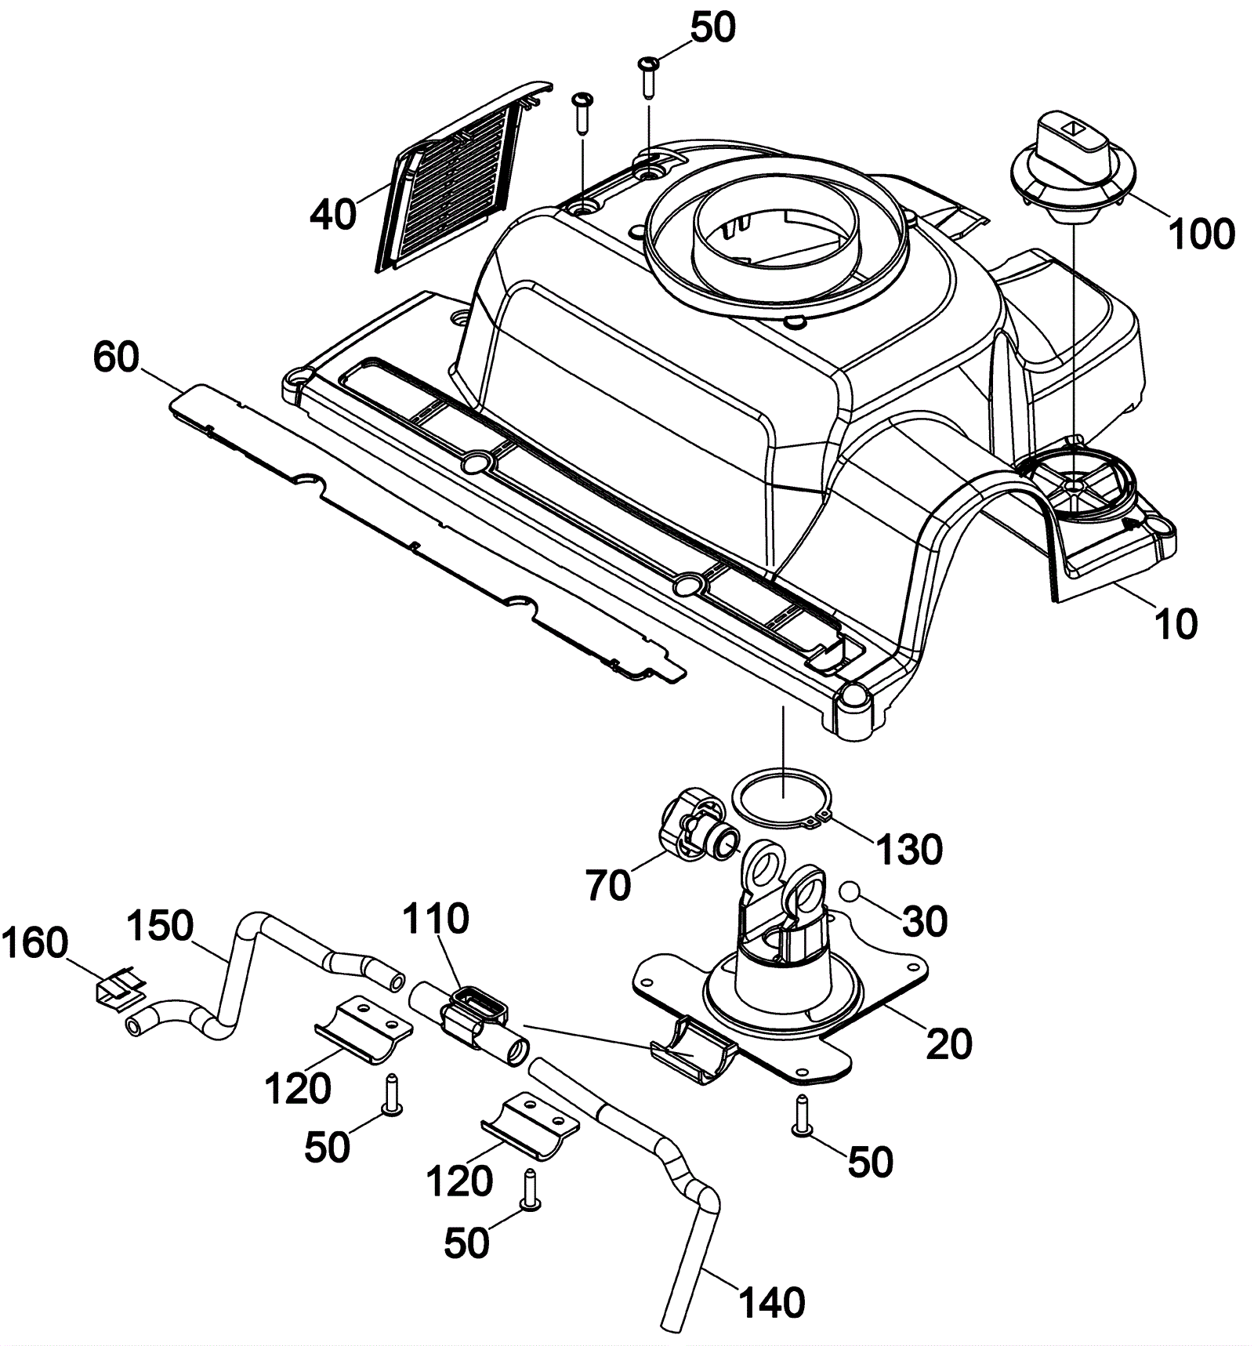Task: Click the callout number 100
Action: point(1201,234)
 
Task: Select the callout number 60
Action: point(116,358)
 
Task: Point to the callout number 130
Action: point(908,849)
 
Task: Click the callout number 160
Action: point(35,943)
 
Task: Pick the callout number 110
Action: point(436,918)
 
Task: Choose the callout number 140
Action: point(772,1302)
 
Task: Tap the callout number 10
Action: point(1176,625)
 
